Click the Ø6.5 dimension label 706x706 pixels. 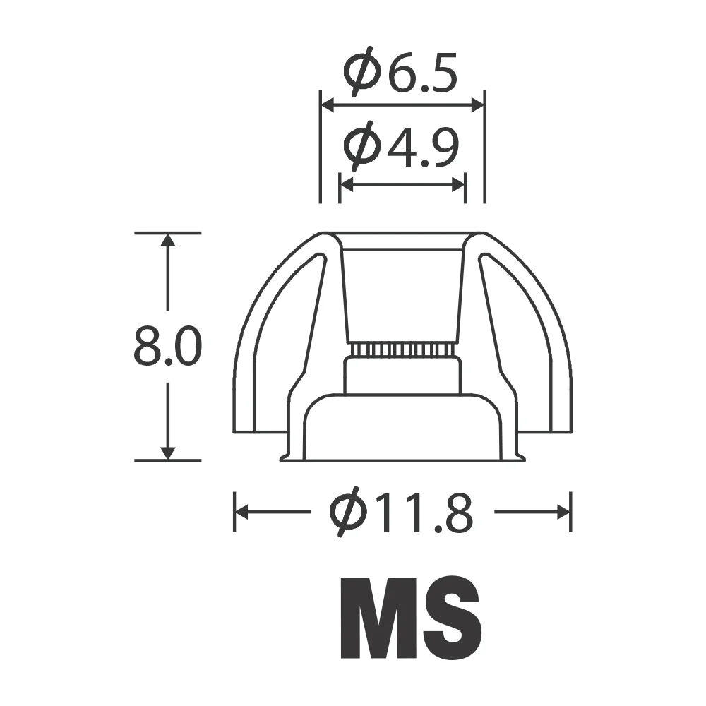point(400,71)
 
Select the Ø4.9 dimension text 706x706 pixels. point(401,145)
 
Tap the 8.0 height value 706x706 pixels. point(168,347)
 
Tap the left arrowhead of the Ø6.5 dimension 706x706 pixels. point(328,105)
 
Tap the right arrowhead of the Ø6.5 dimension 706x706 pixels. point(477,105)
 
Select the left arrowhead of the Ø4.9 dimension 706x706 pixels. point(347,184)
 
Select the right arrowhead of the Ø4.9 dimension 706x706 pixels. point(458,184)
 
